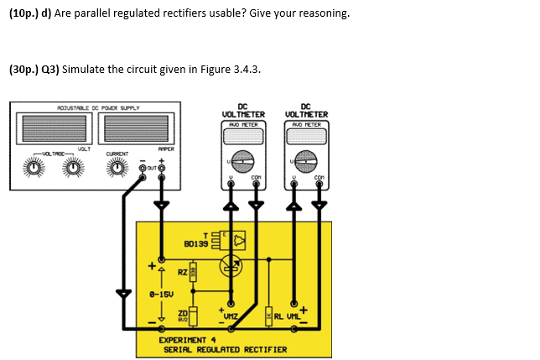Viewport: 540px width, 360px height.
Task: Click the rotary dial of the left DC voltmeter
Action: click(243, 159)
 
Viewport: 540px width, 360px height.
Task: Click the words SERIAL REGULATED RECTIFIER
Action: click(223, 349)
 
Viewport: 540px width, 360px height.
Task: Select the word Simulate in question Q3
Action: click(84, 70)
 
